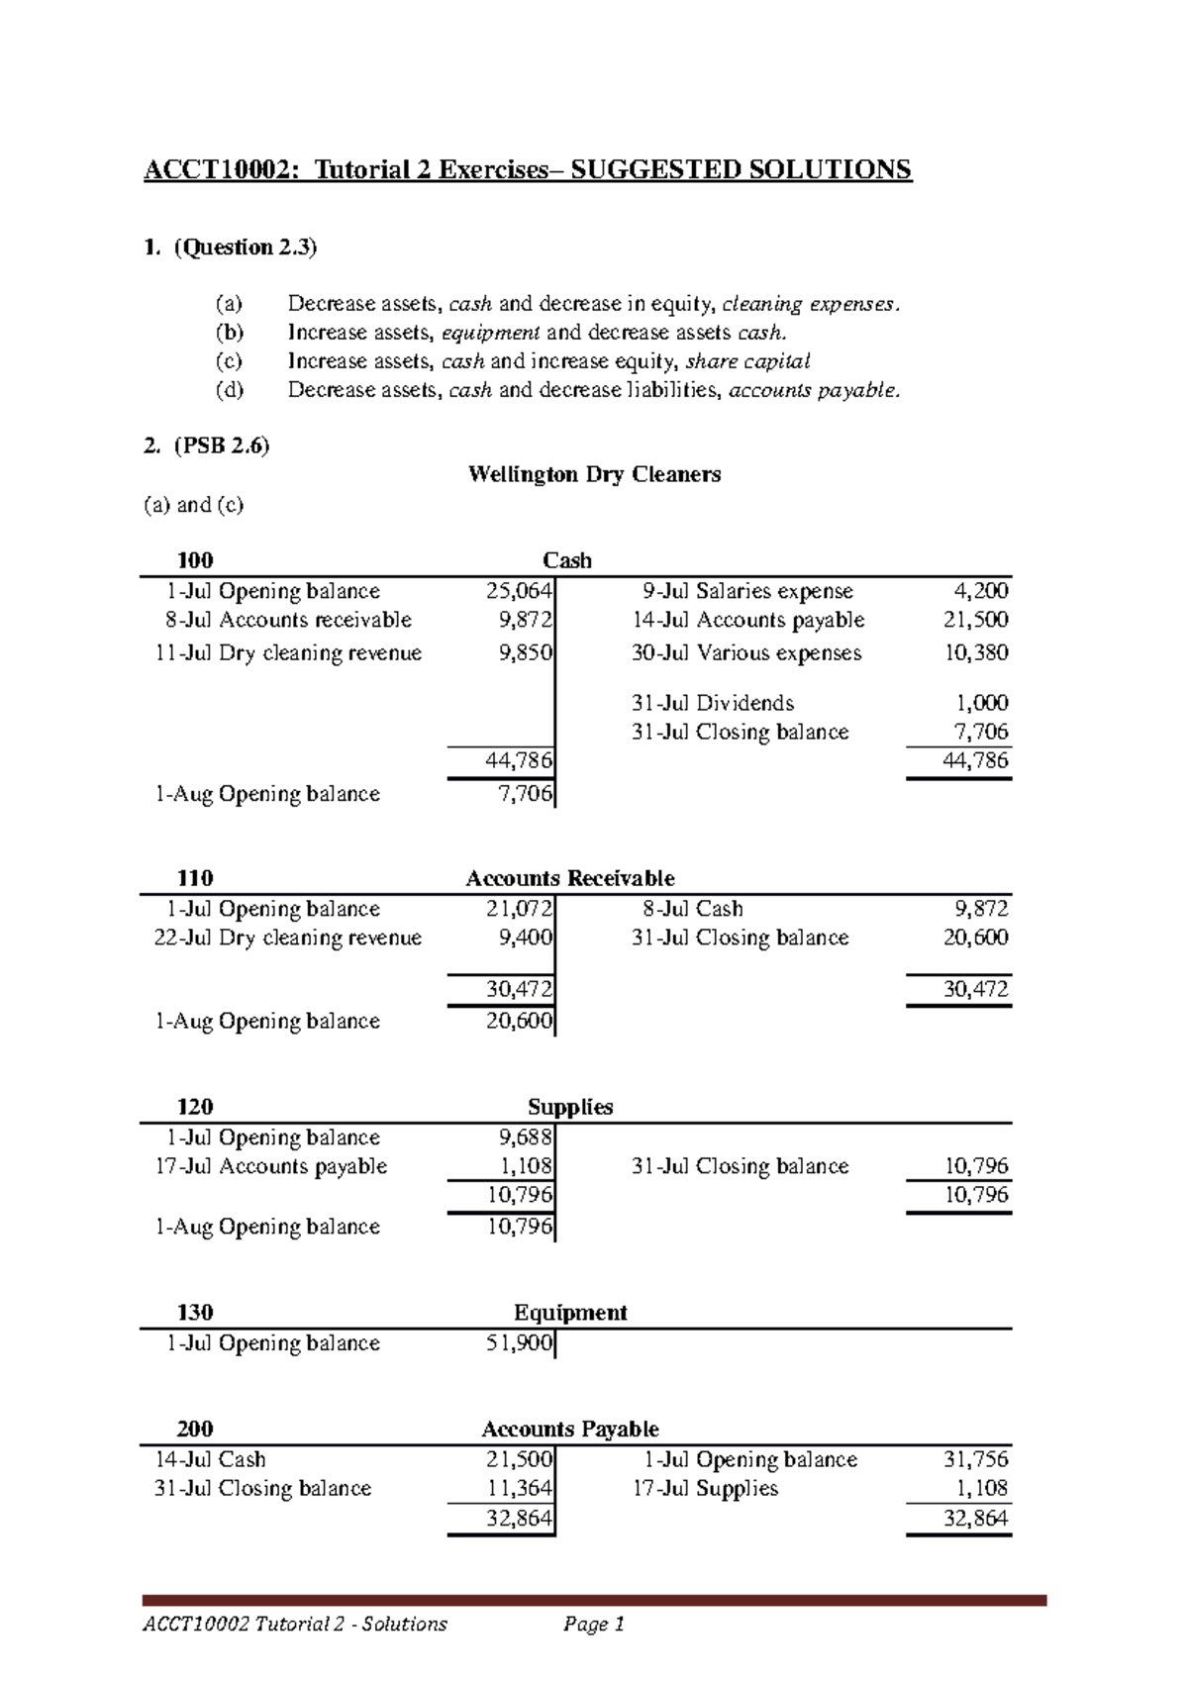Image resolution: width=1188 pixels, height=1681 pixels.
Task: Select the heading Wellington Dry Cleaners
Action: tap(594, 475)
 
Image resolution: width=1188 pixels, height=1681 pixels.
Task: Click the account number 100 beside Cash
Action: tap(195, 560)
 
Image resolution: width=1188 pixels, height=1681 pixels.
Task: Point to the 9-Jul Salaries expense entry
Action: tap(746, 591)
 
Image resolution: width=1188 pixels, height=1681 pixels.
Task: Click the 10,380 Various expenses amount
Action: tap(975, 652)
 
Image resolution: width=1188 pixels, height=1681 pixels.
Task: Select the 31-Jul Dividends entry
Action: tap(713, 703)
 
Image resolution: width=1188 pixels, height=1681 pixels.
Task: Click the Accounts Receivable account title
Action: tap(570, 878)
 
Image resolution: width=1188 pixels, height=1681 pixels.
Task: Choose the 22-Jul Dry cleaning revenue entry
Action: tap(288, 938)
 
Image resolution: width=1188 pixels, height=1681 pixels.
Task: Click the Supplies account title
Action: tap(570, 1107)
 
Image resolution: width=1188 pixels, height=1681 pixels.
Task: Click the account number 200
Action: tap(195, 1429)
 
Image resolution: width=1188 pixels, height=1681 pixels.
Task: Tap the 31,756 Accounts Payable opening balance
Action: tap(975, 1459)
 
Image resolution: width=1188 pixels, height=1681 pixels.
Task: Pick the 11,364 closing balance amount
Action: tap(519, 1488)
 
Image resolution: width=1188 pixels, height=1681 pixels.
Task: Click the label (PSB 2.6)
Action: tap(222, 445)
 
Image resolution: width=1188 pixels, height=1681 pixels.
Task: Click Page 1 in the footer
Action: tap(594, 1625)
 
